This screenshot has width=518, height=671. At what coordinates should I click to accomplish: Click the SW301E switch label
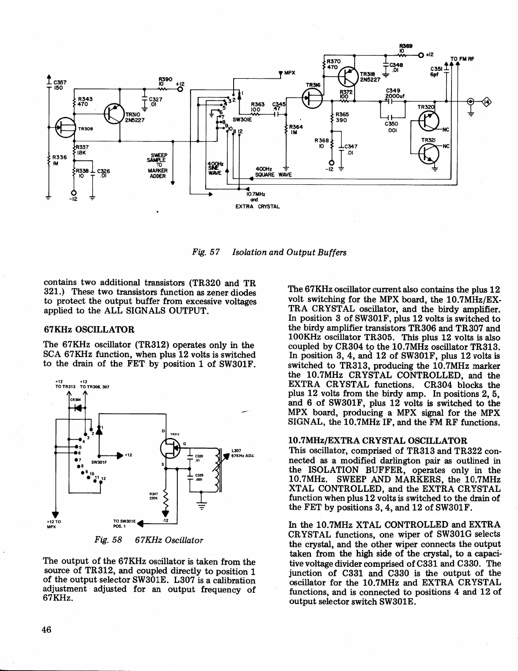click(x=239, y=119)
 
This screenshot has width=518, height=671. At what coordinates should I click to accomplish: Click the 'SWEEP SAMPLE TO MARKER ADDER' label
click(x=157, y=165)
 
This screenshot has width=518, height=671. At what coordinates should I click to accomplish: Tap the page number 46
click(x=47, y=629)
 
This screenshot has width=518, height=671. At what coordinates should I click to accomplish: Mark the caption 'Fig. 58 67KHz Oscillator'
click(x=149, y=540)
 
